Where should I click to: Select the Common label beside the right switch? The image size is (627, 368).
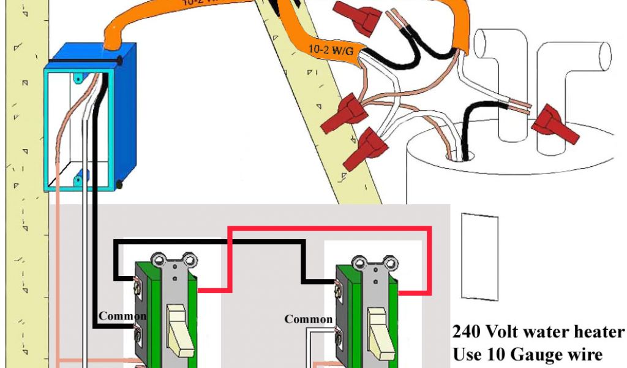point(308,319)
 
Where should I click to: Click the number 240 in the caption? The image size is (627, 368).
point(467,332)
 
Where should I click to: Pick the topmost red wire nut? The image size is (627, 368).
point(362,18)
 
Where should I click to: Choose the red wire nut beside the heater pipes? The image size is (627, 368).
point(555,126)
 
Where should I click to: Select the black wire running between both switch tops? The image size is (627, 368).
point(208,243)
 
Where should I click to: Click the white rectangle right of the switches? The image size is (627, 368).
point(479,257)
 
